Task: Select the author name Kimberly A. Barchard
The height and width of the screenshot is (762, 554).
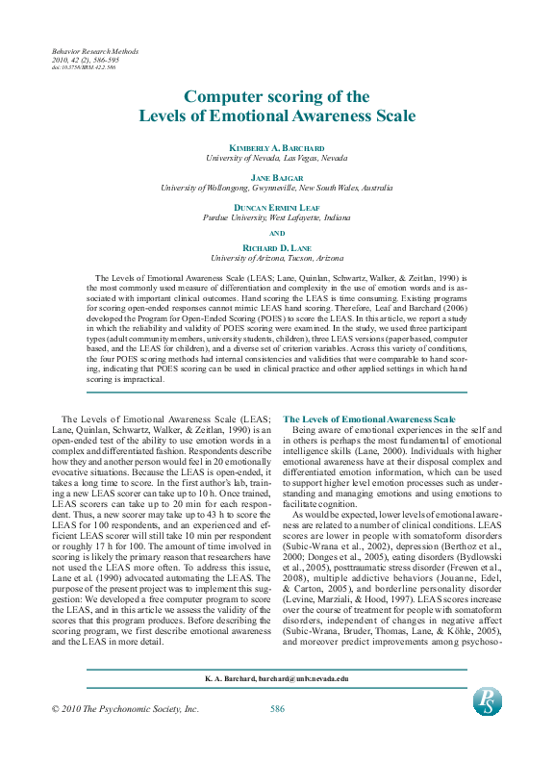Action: coord(277,146)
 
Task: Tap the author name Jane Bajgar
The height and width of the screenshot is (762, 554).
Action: coord(277,178)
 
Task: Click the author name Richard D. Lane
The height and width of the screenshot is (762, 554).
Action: coord(277,248)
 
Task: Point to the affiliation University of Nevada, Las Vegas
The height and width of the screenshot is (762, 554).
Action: coord(277,157)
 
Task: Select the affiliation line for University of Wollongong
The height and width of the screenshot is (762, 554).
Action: coord(277,188)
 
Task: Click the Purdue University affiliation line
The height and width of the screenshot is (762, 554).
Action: coord(277,218)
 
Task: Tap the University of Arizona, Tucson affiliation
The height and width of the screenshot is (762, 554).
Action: coord(277,258)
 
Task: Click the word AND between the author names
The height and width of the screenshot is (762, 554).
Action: coord(277,233)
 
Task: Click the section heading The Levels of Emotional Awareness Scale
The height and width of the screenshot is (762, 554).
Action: coord(369,419)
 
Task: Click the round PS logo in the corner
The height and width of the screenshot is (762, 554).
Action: coord(487,700)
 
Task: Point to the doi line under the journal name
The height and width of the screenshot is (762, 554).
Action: coord(83,68)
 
